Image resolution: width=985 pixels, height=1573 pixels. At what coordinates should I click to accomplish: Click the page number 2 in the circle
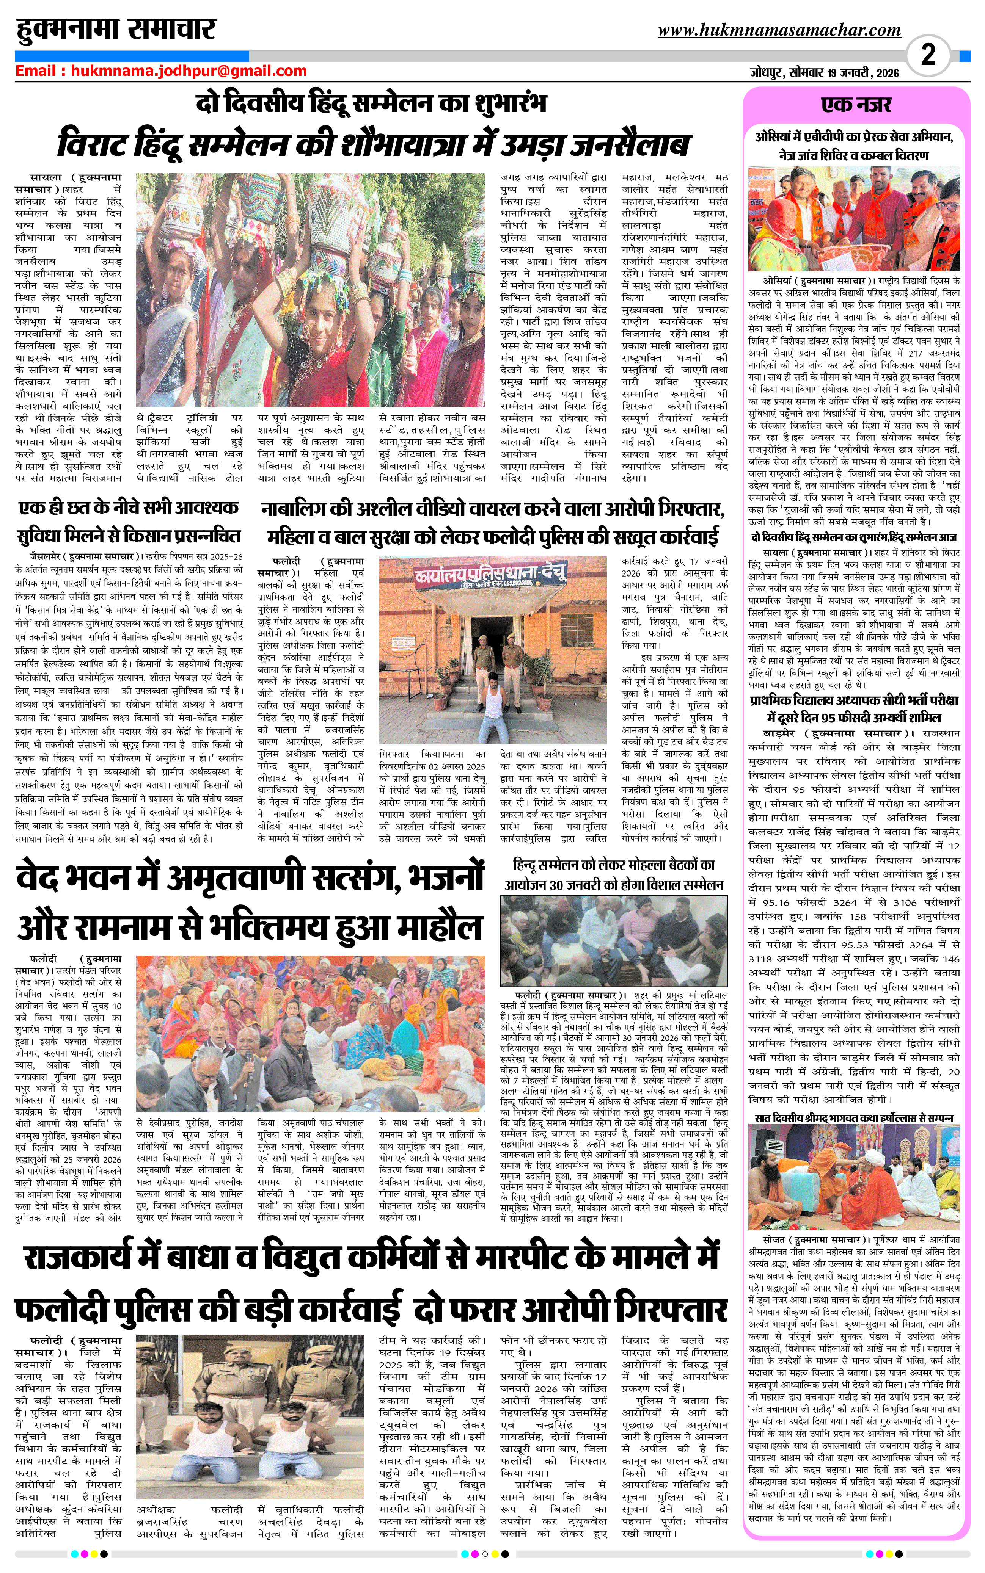pos(928,54)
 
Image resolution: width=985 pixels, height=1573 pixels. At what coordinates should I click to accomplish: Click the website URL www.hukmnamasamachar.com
pos(779,30)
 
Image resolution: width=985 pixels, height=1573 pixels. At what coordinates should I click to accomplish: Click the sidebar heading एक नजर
pos(856,105)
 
